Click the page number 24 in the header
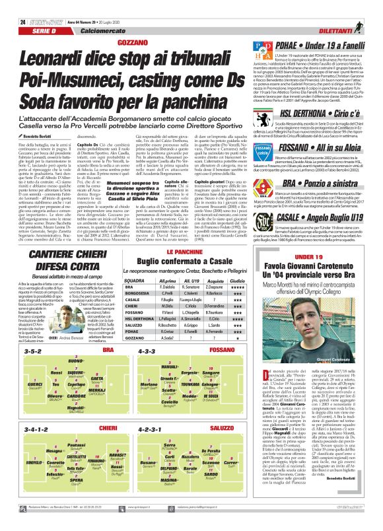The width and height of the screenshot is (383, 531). coord(14,7)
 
